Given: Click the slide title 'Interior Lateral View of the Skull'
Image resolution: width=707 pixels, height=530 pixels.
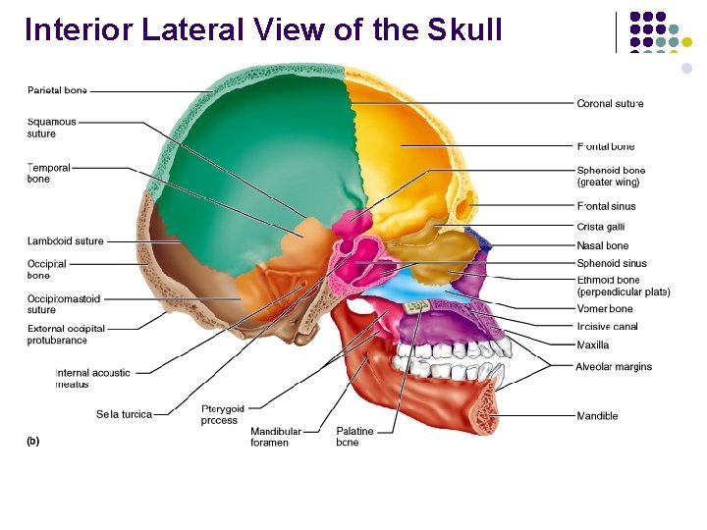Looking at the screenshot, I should pyautogui.click(x=263, y=29).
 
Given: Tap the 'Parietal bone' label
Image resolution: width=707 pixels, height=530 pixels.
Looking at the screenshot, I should pyautogui.click(x=57, y=90).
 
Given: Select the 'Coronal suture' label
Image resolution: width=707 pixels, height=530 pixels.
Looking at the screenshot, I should pyautogui.click(x=610, y=103).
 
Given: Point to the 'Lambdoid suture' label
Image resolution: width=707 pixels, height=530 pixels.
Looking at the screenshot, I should pyautogui.click(x=65, y=240).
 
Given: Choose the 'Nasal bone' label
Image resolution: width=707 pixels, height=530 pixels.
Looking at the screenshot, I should pyautogui.click(x=603, y=245).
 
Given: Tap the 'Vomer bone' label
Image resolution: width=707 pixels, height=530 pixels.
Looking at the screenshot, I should pyautogui.click(x=605, y=309).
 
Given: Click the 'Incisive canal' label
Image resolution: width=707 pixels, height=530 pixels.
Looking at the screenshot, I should pyautogui.click(x=607, y=326).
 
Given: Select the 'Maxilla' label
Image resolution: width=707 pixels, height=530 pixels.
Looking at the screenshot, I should pyautogui.click(x=593, y=344).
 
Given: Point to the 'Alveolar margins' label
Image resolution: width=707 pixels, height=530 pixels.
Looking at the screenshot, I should pyautogui.click(x=614, y=367).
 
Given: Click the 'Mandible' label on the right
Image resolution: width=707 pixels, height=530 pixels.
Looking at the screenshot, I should pyautogui.click(x=597, y=416).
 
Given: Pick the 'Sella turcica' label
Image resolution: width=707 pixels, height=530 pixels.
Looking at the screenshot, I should pyautogui.click(x=124, y=414).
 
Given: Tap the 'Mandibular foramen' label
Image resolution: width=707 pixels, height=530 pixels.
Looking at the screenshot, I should pyautogui.click(x=276, y=437).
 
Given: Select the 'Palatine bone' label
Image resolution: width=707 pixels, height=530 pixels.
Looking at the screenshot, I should pyautogui.click(x=353, y=437).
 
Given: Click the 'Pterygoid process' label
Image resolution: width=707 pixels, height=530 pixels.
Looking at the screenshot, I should pyautogui.click(x=223, y=414).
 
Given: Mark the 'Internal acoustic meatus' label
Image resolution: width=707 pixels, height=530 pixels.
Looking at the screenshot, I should pyautogui.click(x=92, y=378).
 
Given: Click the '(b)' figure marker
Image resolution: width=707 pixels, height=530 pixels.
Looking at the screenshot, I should pyautogui.click(x=32, y=441).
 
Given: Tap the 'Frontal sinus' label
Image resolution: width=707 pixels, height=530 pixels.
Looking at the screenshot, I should pyautogui.click(x=606, y=206).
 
